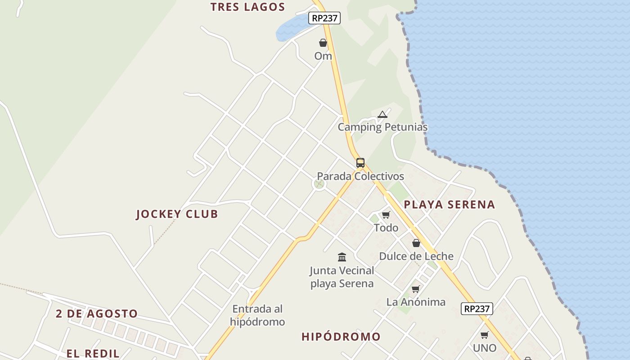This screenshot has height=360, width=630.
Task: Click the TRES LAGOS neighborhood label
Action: (247, 7)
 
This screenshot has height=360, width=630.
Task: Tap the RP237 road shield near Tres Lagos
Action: (324, 18)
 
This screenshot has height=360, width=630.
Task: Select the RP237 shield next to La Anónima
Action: (477, 309)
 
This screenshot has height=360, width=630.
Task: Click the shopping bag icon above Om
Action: (323, 43)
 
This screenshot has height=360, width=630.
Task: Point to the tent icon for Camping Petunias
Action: (382, 114)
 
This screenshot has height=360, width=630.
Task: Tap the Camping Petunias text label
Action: (382, 127)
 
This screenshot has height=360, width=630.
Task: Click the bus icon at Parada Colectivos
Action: (360, 163)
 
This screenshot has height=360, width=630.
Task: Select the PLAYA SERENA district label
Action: (449, 205)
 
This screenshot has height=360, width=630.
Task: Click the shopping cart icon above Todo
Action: (386, 215)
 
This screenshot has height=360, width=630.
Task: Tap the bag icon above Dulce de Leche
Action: (416, 243)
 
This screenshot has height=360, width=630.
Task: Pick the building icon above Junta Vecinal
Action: (342, 257)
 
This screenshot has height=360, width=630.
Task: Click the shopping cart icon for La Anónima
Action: (415, 289)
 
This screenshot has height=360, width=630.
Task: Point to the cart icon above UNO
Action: (484, 335)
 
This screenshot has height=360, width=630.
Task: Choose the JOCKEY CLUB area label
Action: (177, 214)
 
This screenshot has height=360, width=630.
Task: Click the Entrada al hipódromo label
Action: (257, 315)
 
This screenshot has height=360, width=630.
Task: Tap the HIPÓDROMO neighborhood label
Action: (341, 337)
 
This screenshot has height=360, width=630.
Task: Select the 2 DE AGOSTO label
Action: (97, 314)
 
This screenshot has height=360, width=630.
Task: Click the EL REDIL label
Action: (93, 353)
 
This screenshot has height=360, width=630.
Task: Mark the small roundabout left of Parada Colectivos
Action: (319, 184)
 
